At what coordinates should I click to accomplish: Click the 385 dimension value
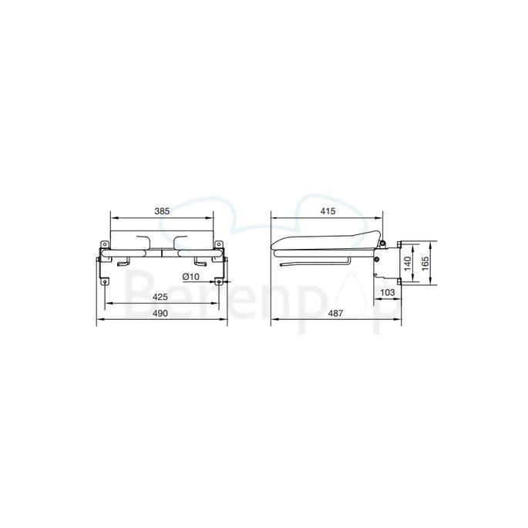pos(162,210)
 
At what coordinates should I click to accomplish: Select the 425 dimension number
pos(162,297)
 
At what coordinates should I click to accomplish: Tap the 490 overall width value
pos(162,313)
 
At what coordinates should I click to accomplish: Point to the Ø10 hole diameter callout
pos(192,276)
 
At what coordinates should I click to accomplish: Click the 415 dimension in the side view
pos(328,210)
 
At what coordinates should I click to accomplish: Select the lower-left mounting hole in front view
pos(101,282)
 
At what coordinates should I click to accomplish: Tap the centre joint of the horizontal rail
pos(162,253)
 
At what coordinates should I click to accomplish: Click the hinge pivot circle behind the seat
pos(377,260)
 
